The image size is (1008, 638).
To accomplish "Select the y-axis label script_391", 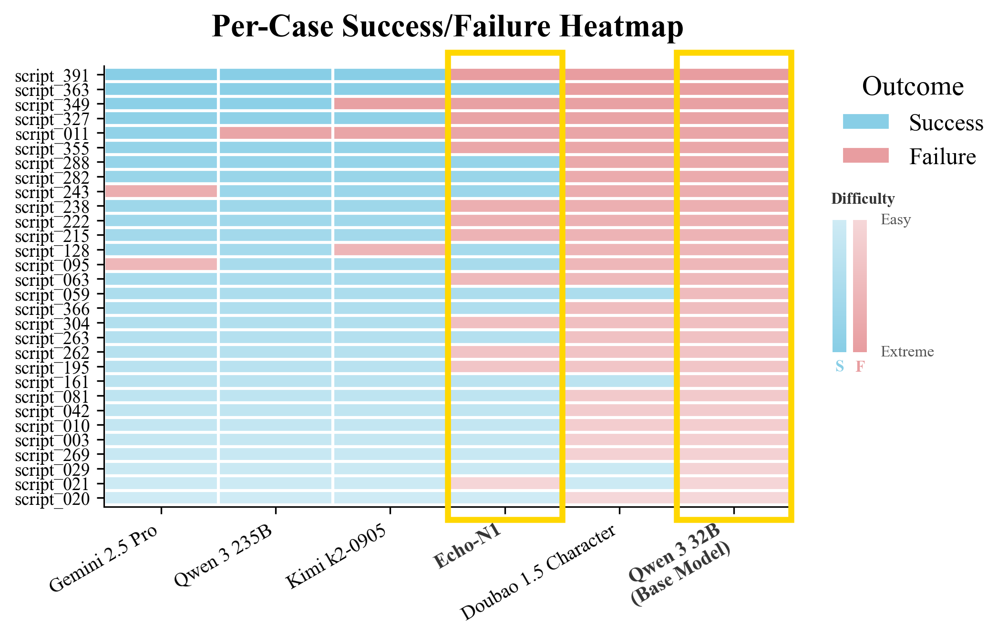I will click(52, 75).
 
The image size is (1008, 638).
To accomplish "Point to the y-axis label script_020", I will click(52, 499).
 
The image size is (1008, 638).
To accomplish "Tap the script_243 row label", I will click(52, 192).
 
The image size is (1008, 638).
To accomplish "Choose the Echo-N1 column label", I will click(467, 546).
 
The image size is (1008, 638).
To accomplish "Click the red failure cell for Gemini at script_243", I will click(161, 191).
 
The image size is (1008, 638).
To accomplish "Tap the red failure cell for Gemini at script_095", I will click(161, 264).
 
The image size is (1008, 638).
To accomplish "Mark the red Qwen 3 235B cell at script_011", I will click(275, 133).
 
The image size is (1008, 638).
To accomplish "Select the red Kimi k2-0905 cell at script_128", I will click(390, 250).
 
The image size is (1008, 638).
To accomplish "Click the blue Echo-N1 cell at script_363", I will click(504, 89).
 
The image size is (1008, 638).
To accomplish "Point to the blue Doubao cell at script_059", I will click(619, 293).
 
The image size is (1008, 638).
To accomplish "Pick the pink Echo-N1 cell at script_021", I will click(504, 483).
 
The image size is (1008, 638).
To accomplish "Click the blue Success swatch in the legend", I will click(865, 122).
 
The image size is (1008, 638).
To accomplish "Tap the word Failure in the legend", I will click(942, 157).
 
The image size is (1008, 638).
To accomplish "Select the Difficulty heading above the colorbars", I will click(863, 199).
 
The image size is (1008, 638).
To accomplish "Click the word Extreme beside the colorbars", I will click(907, 352).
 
